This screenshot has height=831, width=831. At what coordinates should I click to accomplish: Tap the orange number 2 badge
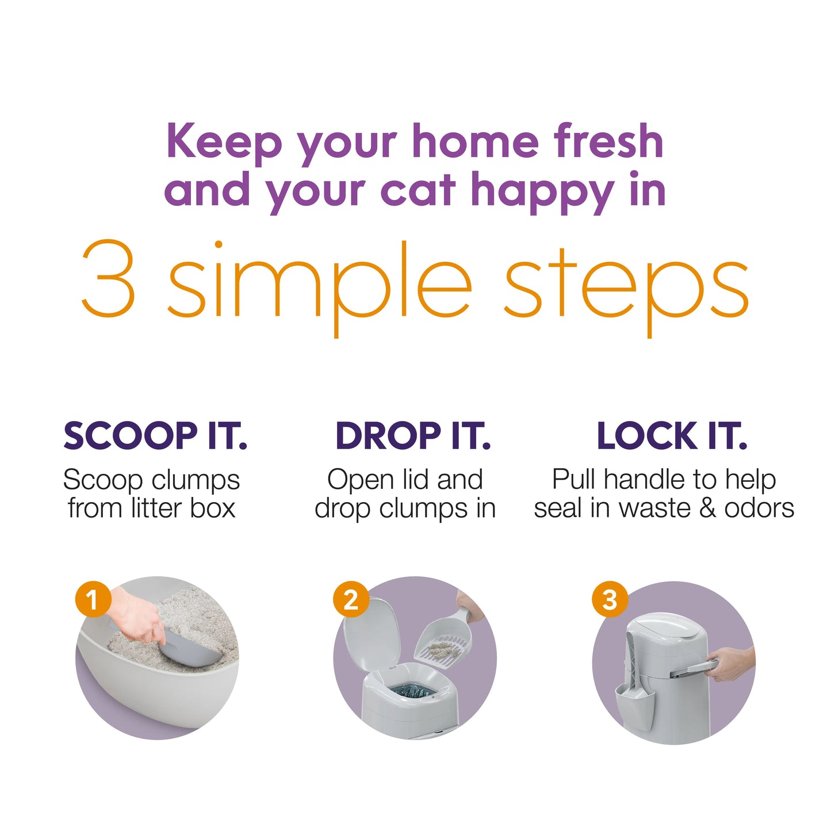[350, 600]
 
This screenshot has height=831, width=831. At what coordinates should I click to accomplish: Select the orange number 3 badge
[609, 600]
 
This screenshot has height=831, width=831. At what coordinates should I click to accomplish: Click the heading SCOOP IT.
[155, 436]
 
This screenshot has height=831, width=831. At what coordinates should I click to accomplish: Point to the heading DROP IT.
[412, 436]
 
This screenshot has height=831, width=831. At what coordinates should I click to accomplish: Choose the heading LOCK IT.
[672, 436]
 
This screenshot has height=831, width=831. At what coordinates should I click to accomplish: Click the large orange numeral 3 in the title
[108, 279]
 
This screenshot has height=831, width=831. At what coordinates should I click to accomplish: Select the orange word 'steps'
[626, 288]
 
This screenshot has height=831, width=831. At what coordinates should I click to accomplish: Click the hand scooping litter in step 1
[138, 621]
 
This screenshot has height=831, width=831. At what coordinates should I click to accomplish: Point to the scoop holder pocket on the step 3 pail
[633, 699]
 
